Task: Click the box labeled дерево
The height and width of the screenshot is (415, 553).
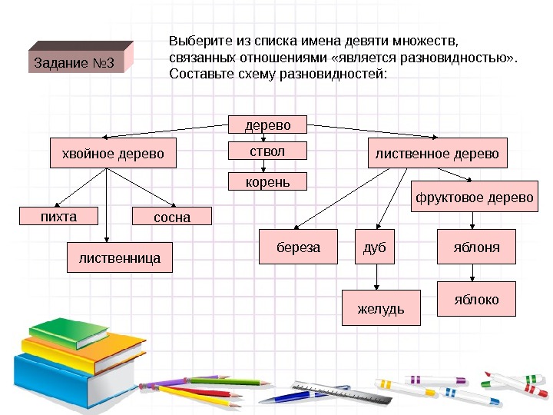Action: pos(268,124)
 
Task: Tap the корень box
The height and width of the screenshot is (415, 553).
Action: pos(268,182)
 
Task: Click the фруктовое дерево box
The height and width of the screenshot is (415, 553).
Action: pos(474,198)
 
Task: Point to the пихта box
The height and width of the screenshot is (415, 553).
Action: pos(59,217)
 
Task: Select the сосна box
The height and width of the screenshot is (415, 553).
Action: pos(171,217)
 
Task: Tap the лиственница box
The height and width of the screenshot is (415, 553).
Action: pos(120,259)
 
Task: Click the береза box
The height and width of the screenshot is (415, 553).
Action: pos(297,247)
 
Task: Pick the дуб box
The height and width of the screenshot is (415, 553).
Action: pos(373,247)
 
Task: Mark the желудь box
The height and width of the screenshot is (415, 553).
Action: pos(381,308)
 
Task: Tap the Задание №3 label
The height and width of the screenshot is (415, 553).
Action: pos(74,62)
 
